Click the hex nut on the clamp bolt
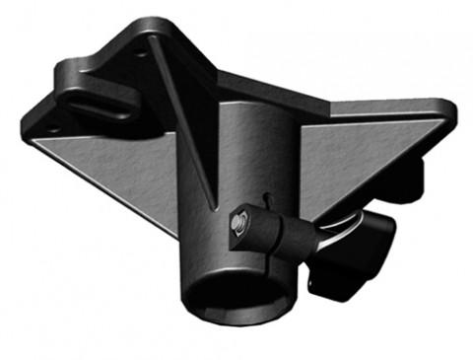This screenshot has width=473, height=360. tap(238, 226)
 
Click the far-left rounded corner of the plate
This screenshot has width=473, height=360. tap(30, 128)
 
